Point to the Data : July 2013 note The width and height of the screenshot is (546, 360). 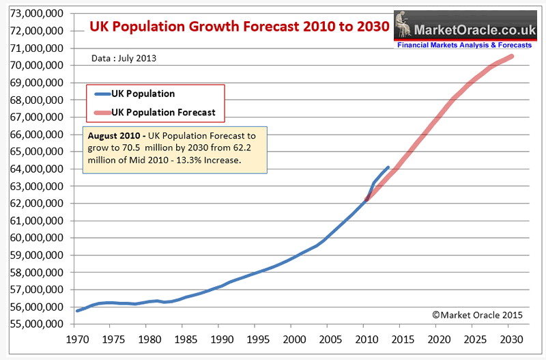pos(124,59)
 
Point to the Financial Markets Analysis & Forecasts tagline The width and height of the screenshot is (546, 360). pos(463,45)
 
